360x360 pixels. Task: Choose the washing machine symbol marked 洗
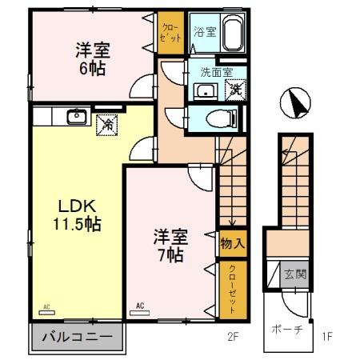click(236, 89)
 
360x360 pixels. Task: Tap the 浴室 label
click(205, 33)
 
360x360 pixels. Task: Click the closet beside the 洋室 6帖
click(169, 34)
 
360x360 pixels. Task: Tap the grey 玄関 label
click(294, 274)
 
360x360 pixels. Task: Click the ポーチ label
click(286, 331)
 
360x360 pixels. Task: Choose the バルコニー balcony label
click(77, 337)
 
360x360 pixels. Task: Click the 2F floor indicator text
click(231, 337)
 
